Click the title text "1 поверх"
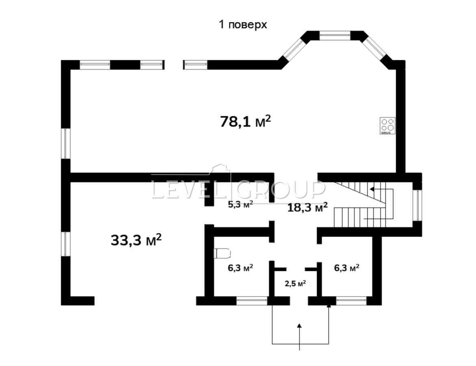click(243, 25)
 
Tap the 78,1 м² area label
click(245, 121)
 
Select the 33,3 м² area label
click(136, 240)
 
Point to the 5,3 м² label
click(240, 204)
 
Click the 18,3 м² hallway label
click(307, 207)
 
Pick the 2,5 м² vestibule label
click(295, 283)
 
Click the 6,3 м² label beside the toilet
click(240, 268)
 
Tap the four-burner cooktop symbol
click(387, 126)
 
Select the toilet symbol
click(222, 254)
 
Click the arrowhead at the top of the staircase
click(372, 189)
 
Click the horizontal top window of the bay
click(335, 36)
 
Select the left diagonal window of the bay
click(294, 49)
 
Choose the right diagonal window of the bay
click(375, 48)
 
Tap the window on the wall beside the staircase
click(417, 205)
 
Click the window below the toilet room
click(252, 301)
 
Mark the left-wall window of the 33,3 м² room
click(65, 244)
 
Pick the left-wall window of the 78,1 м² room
click(65, 143)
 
